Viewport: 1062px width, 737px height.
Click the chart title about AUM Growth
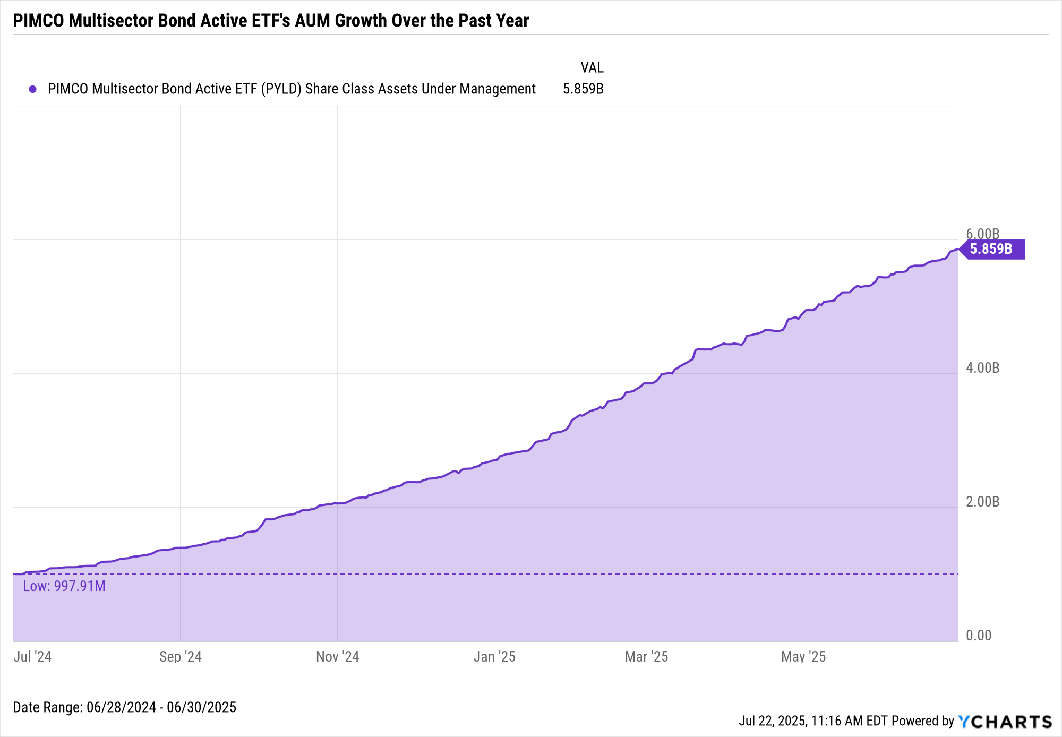point(271,21)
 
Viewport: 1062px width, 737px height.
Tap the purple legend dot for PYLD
point(33,89)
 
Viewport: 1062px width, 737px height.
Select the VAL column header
point(592,68)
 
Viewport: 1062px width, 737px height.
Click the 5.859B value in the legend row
point(583,89)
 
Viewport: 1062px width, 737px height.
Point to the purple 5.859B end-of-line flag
point(992,249)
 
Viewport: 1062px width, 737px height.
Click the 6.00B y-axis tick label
point(982,234)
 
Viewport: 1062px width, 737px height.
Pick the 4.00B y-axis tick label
point(982,368)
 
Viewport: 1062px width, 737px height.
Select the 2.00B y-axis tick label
point(982,502)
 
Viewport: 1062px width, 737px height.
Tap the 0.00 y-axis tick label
point(979,636)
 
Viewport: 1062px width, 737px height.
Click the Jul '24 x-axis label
point(32,657)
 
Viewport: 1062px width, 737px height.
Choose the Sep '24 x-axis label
point(181,657)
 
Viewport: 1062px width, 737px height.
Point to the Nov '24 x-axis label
point(338,657)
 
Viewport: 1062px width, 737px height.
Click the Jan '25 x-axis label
point(494,657)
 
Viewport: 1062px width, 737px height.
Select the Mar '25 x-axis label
point(646,657)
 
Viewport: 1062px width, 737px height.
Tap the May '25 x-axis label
point(803,657)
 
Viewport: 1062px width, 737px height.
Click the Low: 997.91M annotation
point(64,586)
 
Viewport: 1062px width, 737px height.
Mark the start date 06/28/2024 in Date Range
point(121,708)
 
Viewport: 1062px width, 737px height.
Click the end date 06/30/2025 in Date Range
point(201,708)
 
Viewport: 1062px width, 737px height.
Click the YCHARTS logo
point(1005,722)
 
